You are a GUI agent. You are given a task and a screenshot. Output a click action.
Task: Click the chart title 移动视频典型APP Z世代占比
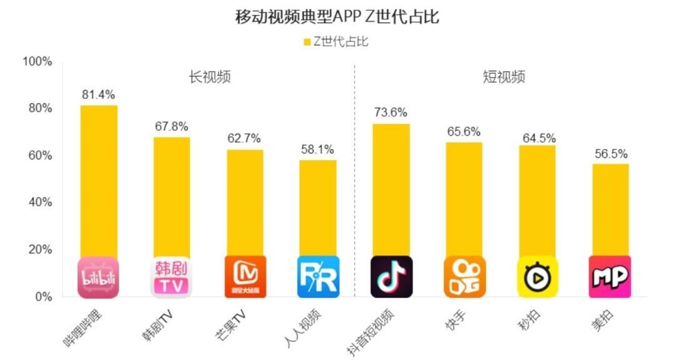[337, 17]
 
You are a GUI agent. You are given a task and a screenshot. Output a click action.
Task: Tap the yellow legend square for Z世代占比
[307, 42]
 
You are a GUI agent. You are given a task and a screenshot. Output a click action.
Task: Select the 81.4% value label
[98, 95]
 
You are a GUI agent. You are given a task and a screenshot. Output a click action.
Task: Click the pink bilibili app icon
[98, 277]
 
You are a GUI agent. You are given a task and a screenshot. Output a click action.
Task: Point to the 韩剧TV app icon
[171, 277]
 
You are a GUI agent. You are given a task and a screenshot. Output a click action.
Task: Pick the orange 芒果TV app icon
[245, 277]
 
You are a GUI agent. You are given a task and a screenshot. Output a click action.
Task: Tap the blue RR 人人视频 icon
[318, 277]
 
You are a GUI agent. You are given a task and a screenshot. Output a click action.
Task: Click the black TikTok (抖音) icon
[391, 277]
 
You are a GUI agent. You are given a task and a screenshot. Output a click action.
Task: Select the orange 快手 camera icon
[464, 277]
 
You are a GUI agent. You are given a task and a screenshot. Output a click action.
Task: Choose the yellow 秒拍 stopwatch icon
[537, 277]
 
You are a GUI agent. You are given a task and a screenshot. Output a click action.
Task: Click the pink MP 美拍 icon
[610, 277]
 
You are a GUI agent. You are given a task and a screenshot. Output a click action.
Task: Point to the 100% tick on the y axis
[37, 61]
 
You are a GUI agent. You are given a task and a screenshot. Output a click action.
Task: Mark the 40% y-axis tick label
[39, 202]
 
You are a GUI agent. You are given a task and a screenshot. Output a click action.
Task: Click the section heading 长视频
[210, 77]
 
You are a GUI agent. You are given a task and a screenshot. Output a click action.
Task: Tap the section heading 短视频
[504, 77]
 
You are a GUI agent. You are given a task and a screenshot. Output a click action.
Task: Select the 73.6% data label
[391, 113]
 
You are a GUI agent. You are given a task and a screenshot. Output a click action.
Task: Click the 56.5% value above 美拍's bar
[610, 153]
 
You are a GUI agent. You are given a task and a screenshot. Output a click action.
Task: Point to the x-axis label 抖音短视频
[371, 329]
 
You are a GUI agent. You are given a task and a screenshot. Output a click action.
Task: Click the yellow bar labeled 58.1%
[318, 207]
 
